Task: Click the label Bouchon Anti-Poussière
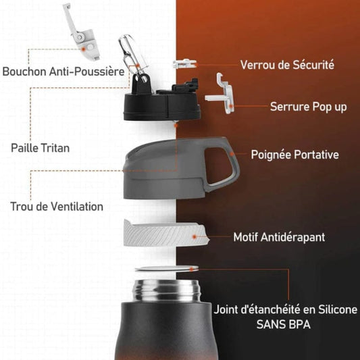click(x=63, y=71)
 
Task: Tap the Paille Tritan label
click(x=40, y=148)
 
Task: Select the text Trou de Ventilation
click(x=57, y=206)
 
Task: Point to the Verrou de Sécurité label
click(x=287, y=65)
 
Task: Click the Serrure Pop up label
click(x=309, y=107)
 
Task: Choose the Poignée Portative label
click(x=294, y=155)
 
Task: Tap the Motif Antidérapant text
click(x=279, y=237)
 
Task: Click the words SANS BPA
click(x=284, y=324)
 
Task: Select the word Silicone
click(x=338, y=309)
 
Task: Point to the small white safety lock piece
click(x=184, y=63)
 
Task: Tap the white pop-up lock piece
click(x=220, y=94)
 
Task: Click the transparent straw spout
click(x=132, y=55)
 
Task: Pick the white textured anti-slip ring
click(x=165, y=233)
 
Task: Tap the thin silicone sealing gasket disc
click(x=167, y=269)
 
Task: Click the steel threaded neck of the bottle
click(x=166, y=290)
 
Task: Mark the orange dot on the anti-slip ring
click(x=195, y=236)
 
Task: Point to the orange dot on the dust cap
click(x=84, y=49)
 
